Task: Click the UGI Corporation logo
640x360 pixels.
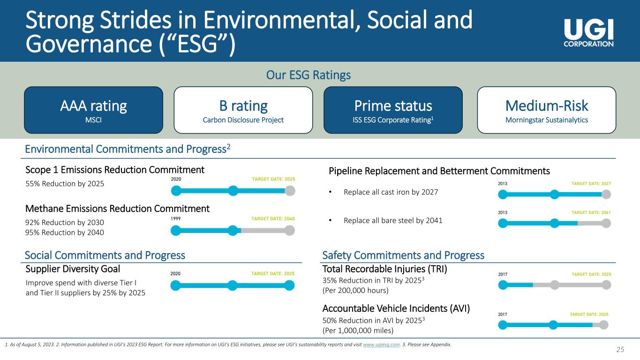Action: click(588, 33)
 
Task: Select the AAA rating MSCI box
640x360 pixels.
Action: click(93, 110)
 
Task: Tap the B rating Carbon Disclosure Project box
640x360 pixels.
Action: click(243, 110)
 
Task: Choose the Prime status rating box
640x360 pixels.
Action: click(393, 110)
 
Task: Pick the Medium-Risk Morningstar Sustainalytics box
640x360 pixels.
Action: click(547, 110)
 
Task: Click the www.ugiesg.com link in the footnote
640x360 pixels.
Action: click(381, 345)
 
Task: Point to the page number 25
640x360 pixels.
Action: click(620, 349)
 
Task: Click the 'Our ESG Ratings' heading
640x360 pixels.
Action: click(309, 75)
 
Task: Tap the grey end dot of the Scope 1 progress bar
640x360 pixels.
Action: click(290, 191)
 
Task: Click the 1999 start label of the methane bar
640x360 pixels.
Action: click(176, 218)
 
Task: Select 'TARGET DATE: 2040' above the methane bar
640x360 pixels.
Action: click(273, 218)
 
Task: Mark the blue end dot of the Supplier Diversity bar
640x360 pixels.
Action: click(289, 285)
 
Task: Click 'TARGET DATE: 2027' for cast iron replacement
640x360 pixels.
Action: click(591, 184)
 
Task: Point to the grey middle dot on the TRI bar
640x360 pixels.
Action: click(554, 285)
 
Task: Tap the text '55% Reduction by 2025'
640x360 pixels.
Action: click(65, 183)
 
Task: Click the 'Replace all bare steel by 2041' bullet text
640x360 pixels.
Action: click(393, 221)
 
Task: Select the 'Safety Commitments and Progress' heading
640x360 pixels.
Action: click(403, 255)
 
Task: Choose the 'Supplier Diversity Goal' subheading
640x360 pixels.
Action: click(73, 269)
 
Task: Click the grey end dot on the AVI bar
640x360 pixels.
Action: click(603, 325)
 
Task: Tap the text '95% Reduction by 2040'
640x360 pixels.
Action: click(65, 232)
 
